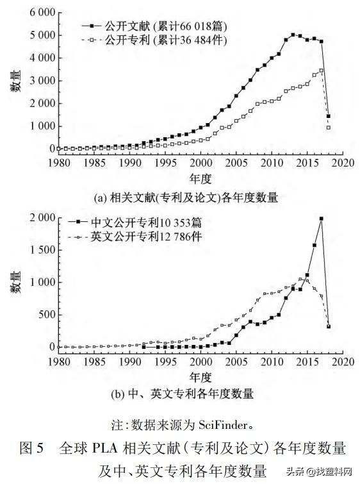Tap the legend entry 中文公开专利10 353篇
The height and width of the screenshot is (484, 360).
click(x=147, y=222)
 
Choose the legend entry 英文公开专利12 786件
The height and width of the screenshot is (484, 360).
click(x=147, y=237)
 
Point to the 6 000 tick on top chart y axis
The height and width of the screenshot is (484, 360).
click(x=40, y=12)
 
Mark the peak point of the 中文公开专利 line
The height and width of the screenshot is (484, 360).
click(x=321, y=219)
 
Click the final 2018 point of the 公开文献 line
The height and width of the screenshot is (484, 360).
click(x=329, y=117)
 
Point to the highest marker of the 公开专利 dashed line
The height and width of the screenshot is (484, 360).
click(x=321, y=71)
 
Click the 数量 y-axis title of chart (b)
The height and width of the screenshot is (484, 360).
click(x=15, y=282)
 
